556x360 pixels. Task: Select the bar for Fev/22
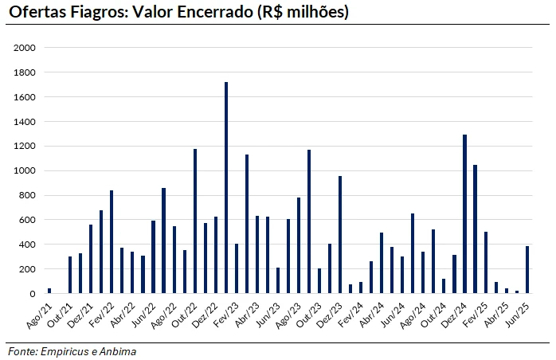point(112,242)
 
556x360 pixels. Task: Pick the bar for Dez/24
point(464,214)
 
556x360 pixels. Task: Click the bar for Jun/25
point(527,270)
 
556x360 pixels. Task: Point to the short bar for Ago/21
point(49,291)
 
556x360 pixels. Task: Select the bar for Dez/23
point(340,235)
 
